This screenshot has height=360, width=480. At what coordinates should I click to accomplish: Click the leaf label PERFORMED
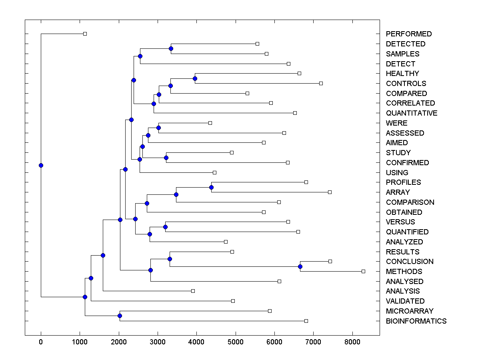(x=409, y=34)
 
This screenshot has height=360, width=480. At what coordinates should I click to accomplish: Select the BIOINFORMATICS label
(x=416, y=321)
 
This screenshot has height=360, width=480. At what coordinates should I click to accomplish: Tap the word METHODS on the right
(x=404, y=272)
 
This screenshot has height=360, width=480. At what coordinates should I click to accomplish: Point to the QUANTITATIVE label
(x=412, y=113)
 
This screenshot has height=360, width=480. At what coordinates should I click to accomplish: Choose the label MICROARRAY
(x=410, y=311)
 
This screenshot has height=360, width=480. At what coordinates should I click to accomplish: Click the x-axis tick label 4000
(x=197, y=342)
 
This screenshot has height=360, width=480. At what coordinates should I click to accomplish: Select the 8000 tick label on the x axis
(x=352, y=342)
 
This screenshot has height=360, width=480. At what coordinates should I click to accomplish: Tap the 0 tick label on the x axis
(x=41, y=342)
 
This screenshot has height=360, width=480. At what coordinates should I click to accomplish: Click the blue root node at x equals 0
(x=41, y=165)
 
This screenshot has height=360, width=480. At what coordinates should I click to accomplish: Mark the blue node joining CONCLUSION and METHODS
(x=300, y=266)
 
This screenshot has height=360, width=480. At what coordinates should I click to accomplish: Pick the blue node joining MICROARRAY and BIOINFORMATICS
(x=120, y=316)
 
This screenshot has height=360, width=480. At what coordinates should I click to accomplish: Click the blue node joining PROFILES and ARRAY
(x=211, y=187)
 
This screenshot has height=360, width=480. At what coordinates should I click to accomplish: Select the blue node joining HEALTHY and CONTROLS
(x=195, y=78)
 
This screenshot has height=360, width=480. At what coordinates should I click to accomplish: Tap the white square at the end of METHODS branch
(x=363, y=271)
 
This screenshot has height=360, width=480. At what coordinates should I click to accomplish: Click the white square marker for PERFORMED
(x=85, y=34)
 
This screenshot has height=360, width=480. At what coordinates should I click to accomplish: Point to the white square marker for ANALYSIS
(x=193, y=291)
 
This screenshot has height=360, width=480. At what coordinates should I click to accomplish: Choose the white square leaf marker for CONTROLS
(x=321, y=83)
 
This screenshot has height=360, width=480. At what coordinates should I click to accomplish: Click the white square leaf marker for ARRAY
(x=330, y=192)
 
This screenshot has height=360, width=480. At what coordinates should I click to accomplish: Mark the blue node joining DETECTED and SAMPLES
(x=171, y=48)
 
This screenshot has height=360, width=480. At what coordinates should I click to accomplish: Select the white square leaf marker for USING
(x=214, y=172)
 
